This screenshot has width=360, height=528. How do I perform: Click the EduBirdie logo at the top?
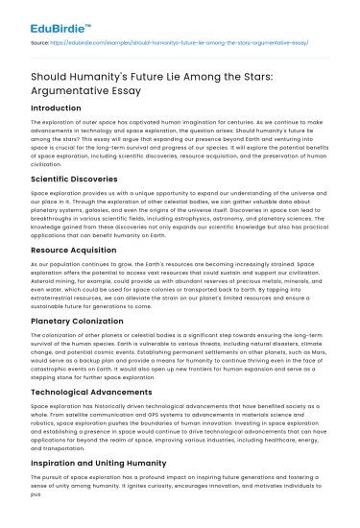(x=39, y=16)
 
